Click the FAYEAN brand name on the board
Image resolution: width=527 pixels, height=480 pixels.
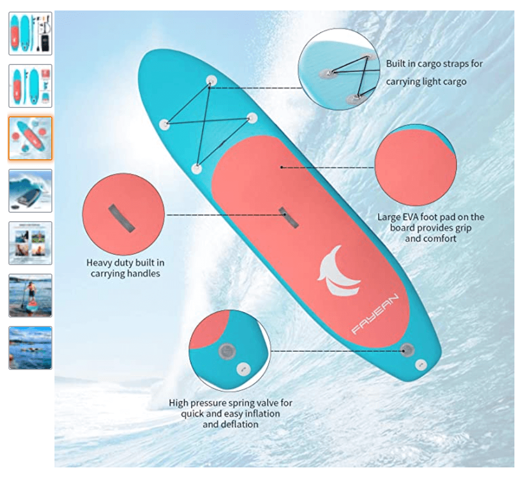point(375,314)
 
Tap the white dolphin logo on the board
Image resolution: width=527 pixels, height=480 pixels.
point(339,271)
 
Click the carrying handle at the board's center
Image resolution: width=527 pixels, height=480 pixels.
point(288,217)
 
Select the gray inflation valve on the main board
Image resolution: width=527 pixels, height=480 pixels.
point(407,350)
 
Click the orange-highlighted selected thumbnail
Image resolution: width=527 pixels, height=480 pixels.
point(30,138)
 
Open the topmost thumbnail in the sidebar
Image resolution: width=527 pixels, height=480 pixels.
point(30,34)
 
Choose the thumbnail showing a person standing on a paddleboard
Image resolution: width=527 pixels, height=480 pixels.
point(30,296)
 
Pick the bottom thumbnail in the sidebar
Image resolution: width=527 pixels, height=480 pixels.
point(30,348)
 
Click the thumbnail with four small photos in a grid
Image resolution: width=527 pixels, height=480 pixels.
point(30,243)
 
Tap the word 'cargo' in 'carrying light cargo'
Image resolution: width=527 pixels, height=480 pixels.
point(454,82)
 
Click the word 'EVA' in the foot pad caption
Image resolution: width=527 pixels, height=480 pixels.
point(411,217)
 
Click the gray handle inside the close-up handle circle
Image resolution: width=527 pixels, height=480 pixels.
point(122,218)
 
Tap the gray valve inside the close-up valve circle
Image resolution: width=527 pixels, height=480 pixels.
point(227,352)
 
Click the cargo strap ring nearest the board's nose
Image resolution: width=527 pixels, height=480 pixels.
point(212,81)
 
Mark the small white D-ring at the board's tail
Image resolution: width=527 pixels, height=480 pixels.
point(421,365)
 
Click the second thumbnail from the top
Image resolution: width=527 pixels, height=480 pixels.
point(30,86)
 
